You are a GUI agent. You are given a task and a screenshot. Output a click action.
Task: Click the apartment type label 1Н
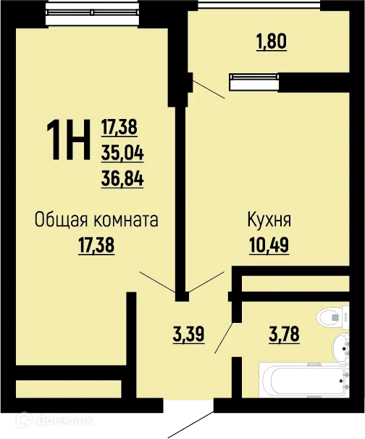pyautogui.click(x=68, y=141)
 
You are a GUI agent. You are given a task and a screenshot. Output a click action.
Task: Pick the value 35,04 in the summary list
pyautogui.click(x=122, y=153)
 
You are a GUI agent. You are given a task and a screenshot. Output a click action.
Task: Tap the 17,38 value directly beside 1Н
pyautogui.click(x=119, y=128)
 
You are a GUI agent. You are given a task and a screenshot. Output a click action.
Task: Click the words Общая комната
pyautogui.click(x=96, y=220)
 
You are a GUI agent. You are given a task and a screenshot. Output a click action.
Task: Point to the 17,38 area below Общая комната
pyautogui.click(x=96, y=245)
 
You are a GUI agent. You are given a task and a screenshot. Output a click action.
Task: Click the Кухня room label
pyautogui.click(x=269, y=220)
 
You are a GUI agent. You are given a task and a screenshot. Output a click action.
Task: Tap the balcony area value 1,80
pyautogui.click(x=271, y=41)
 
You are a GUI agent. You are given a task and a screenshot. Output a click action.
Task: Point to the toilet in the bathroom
pyautogui.click(x=332, y=316)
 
